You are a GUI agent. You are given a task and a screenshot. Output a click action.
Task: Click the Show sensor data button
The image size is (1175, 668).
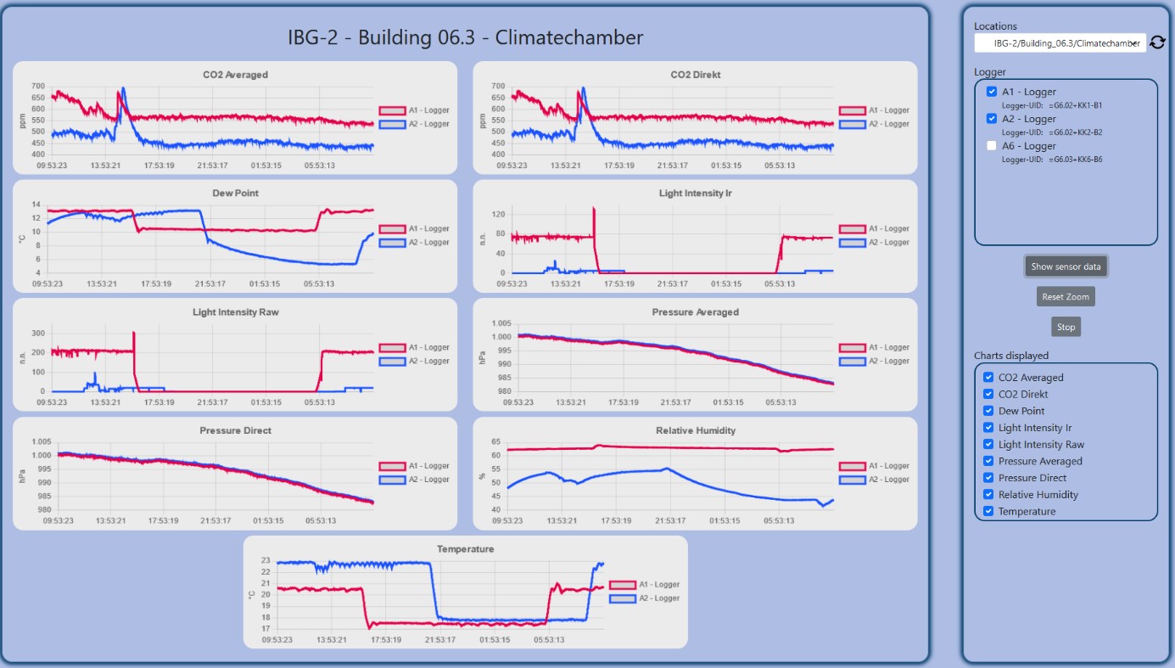coord(1066,267)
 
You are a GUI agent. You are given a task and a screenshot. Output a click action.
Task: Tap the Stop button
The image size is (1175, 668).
coord(1066,327)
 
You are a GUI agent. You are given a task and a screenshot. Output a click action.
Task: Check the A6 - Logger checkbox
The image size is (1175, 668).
coord(992,146)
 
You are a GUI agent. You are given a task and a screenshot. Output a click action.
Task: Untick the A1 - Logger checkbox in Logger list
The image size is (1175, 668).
coord(992,92)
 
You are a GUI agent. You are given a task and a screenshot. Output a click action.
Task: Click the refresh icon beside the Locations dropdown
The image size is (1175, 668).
coord(1157,42)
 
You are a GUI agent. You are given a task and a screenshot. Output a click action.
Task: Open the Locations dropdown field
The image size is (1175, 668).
coord(1060,42)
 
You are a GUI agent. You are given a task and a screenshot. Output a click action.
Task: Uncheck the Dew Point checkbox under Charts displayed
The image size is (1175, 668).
coord(988,411)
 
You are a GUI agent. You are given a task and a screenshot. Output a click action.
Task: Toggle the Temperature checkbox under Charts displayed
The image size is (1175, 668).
coord(988,511)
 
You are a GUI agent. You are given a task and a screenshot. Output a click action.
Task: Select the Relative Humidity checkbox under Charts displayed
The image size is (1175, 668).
coord(988,494)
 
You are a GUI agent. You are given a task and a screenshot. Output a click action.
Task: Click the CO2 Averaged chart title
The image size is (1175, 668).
coord(235,75)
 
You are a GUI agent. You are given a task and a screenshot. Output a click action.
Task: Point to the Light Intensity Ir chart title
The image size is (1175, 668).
coord(696,194)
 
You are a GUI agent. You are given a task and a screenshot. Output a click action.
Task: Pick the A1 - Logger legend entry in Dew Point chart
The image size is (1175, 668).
coord(414,229)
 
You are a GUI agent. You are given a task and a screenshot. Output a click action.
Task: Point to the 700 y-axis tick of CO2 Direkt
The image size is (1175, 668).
coord(497,87)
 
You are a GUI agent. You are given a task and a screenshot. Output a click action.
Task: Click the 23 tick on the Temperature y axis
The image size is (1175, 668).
coord(266,561)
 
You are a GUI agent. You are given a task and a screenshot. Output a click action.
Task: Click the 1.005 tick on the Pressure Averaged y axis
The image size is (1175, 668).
coord(501,323)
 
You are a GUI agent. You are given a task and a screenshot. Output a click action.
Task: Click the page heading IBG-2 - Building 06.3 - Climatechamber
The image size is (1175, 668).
coord(465,37)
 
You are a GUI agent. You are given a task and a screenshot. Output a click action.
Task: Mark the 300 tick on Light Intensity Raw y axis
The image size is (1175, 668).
coord(38,332)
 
